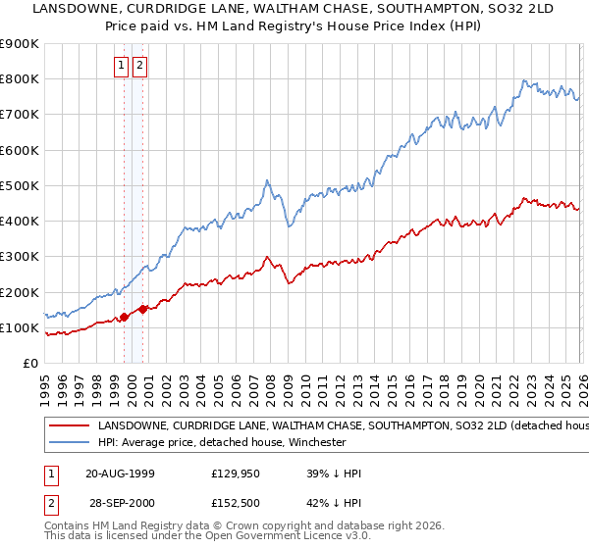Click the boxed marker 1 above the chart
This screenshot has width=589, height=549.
coord(121,66)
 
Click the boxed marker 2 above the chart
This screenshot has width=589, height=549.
coord(139,66)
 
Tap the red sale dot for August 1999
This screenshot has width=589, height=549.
coord(125,317)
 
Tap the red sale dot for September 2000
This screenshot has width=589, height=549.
coord(143,309)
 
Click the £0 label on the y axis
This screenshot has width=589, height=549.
coord(29,363)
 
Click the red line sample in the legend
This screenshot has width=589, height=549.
coord(68,426)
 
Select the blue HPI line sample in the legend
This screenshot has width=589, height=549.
coord(68,442)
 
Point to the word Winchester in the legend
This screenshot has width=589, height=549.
coord(315,442)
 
